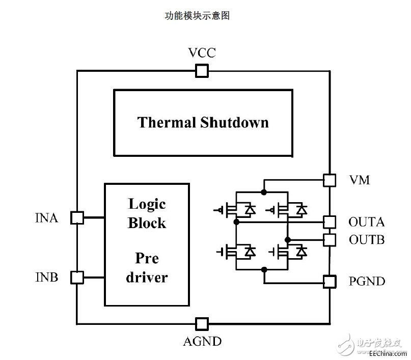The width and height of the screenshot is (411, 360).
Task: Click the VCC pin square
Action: click(x=202, y=71)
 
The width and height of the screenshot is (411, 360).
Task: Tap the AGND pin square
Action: click(x=202, y=323)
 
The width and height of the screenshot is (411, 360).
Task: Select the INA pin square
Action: click(x=77, y=217)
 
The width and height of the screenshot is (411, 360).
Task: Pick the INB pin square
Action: click(x=77, y=278)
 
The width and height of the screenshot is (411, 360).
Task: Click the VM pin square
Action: click(x=330, y=180)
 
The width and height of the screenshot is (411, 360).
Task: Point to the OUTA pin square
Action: click(x=330, y=221)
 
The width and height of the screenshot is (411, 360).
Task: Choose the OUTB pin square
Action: click(x=330, y=239)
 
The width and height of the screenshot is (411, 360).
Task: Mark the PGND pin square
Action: click(x=330, y=281)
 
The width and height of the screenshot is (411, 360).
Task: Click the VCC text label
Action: click(x=202, y=53)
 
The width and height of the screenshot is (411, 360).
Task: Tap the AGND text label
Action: click(x=202, y=341)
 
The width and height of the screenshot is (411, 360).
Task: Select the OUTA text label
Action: click(x=366, y=223)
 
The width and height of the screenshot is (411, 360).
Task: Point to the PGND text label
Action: click(x=367, y=281)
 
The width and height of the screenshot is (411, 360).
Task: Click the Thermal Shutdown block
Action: click(x=203, y=122)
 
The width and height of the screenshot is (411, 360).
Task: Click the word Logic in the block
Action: click(x=147, y=204)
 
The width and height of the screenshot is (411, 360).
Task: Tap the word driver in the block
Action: click(x=147, y=278)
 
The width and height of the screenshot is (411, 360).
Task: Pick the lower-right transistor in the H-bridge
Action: click(x=290, y=251)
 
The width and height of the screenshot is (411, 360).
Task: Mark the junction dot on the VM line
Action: click(x=263, y=191)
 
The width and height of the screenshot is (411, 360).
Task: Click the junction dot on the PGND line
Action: click(x=264, y=270)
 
